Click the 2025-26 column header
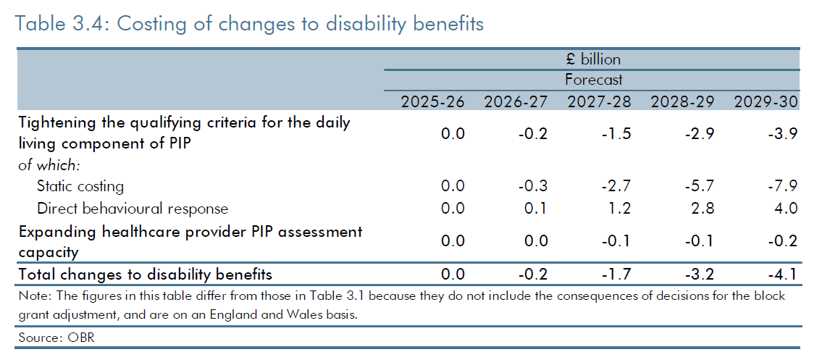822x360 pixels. [x=433, y=101]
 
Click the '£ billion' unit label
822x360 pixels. [x=593, y=60]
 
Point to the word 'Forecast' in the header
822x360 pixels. [x=593, y=80]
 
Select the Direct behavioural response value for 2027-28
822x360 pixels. [x=618, y=209]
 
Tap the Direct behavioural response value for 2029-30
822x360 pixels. [x=785, y=209]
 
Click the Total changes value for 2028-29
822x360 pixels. [x=699, y=275]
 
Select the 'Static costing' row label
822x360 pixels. [x=80, y=187]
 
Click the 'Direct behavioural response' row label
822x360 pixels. [x=133, y=209]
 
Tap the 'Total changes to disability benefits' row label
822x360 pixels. [x=146, y=275]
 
